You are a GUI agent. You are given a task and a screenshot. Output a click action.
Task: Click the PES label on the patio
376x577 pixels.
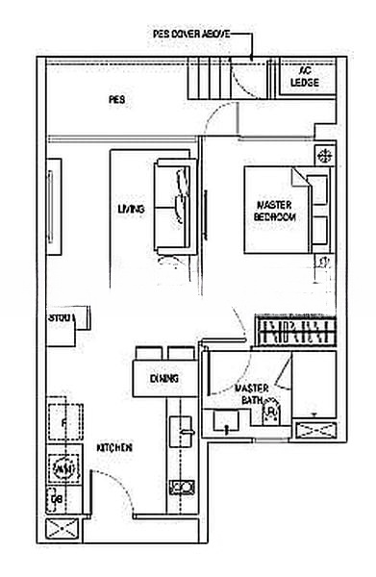tap(116, 99)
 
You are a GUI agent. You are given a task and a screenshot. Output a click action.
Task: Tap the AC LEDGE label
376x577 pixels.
tap(306, 77)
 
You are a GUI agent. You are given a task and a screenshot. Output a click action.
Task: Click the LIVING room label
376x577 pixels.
tap(131, 209)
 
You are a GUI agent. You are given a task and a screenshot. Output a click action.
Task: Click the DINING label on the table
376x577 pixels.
tap(164, 378)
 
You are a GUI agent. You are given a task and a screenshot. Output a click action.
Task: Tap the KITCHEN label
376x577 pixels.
tap(114, 448)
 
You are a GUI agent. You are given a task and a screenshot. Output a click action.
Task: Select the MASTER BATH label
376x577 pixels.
tap(250, 393)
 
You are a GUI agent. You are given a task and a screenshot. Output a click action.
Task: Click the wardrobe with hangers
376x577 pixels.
tap(295, 334)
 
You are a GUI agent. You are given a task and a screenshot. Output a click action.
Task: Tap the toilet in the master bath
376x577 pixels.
tap(270, 411)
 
